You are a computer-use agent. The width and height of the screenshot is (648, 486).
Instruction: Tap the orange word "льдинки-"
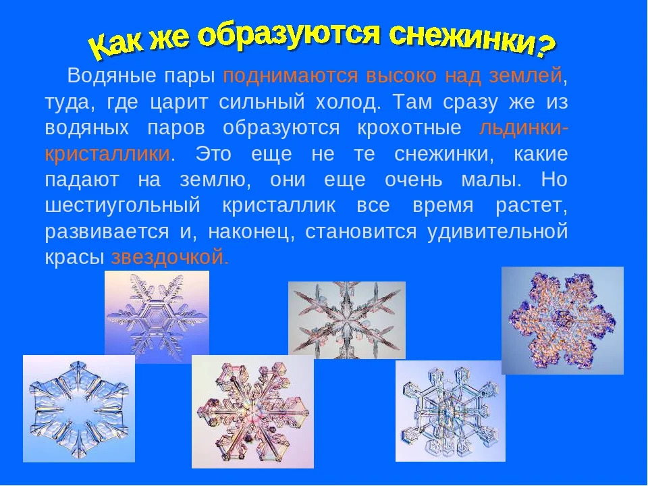pos(524,128)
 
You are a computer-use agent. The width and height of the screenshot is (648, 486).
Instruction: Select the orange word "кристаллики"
pos(107,154)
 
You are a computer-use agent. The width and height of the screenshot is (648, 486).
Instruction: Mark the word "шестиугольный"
pos(122,206)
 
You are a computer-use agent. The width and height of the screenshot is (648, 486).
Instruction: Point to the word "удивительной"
pos(497,232)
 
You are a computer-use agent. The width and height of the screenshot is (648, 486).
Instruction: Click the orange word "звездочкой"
pos(169,257)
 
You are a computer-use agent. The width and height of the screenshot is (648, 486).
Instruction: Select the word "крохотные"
pos(410,128)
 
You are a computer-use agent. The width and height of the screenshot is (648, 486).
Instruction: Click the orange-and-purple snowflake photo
pos(562,320)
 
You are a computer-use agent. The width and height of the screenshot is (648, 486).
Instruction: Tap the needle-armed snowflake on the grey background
pos(347,320)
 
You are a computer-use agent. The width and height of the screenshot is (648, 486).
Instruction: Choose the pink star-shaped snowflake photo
pos(252,412)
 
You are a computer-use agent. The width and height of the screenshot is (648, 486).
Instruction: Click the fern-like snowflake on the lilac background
pos(157,317)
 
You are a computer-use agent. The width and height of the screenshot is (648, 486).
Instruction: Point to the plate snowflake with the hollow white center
pos(79,408)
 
